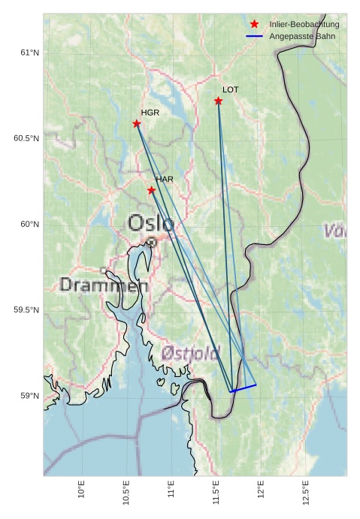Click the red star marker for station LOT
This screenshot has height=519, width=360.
[218, 101]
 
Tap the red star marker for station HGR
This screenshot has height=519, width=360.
[137, 123]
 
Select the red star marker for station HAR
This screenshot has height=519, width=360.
[151, 190]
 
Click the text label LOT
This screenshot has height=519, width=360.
[230, 89]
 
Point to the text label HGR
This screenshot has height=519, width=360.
[150, 113]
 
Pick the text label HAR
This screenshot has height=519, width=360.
[164, 180]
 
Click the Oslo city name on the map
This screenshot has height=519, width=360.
[150, 223]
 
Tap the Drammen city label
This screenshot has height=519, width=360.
[104, 285]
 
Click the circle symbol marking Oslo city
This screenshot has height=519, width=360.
[152, 242]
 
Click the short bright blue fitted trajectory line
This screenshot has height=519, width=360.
[244, 388]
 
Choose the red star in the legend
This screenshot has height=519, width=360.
[254, 25]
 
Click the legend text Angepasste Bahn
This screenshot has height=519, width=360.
[299, 36]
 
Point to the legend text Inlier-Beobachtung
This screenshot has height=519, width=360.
[304, 25]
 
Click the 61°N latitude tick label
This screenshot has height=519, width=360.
[29, 53]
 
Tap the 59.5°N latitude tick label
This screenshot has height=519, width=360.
[26, 310]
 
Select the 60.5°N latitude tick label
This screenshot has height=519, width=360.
[26, 138]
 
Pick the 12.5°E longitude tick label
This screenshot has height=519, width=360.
[305, 493]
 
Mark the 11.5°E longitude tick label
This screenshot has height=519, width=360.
[216, 493]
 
